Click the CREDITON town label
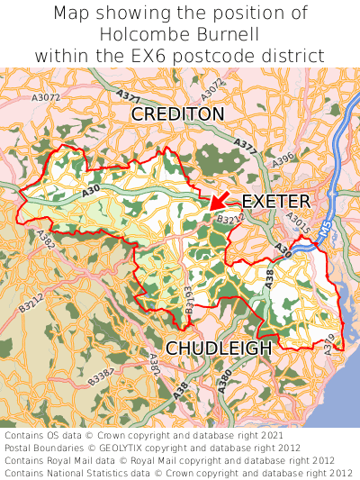(x=177, y=114)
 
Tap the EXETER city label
(x=276, y=201)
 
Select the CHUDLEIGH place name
(x=218, y=348)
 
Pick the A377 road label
(x=245, y=144)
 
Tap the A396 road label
(x=283, y=159)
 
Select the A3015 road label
(x=298, y=223)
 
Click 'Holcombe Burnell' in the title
(x=180, y=34)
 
